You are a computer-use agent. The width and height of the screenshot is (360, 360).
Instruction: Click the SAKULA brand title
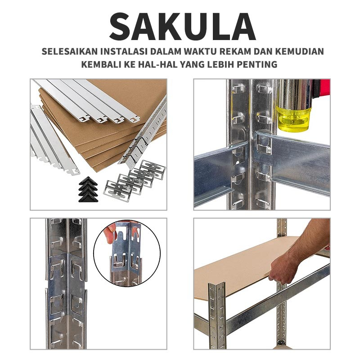(182, 27)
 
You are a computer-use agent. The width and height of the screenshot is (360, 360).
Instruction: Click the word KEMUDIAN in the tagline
(299, 51)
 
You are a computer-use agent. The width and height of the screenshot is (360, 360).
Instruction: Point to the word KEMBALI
(101, 64)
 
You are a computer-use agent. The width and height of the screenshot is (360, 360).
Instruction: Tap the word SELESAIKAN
(70, 51)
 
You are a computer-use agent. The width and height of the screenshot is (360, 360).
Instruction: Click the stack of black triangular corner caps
(88, 189)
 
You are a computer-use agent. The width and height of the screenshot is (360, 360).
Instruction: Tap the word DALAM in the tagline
(166, 51)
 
